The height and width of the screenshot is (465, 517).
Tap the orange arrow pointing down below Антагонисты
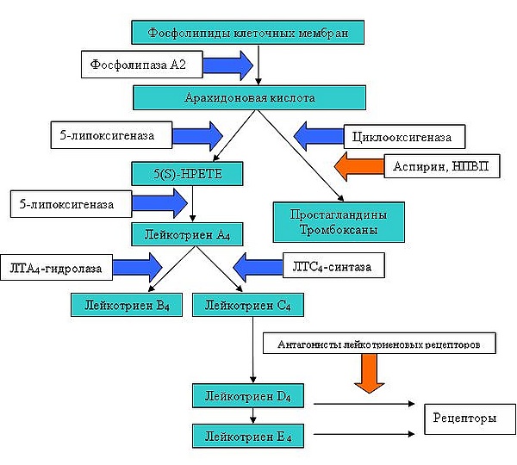tap(371, 374)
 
